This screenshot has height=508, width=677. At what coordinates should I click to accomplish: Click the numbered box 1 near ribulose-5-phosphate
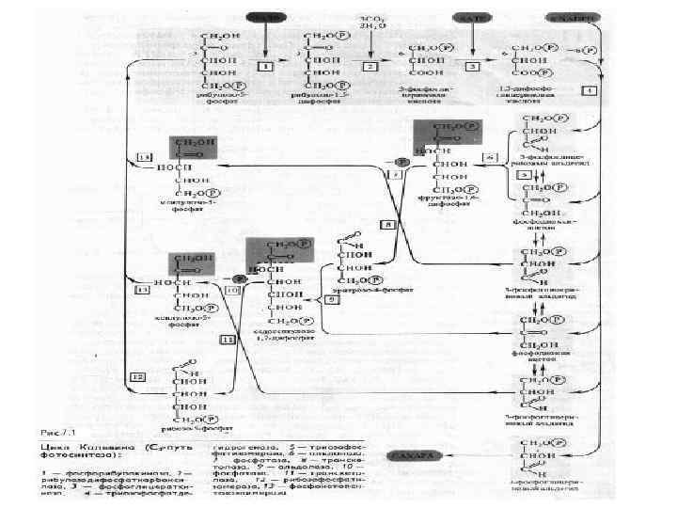pos(266,68)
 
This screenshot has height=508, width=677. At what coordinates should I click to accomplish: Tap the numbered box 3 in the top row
pos(474,68)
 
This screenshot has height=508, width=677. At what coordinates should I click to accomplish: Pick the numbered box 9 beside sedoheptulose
pos(332,299)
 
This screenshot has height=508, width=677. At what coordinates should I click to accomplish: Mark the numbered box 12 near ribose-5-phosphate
pos(139,376)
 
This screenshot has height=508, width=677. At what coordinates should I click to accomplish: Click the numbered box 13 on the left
pos(143,291)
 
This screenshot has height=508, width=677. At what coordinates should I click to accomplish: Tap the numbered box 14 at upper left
pos(144,154)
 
